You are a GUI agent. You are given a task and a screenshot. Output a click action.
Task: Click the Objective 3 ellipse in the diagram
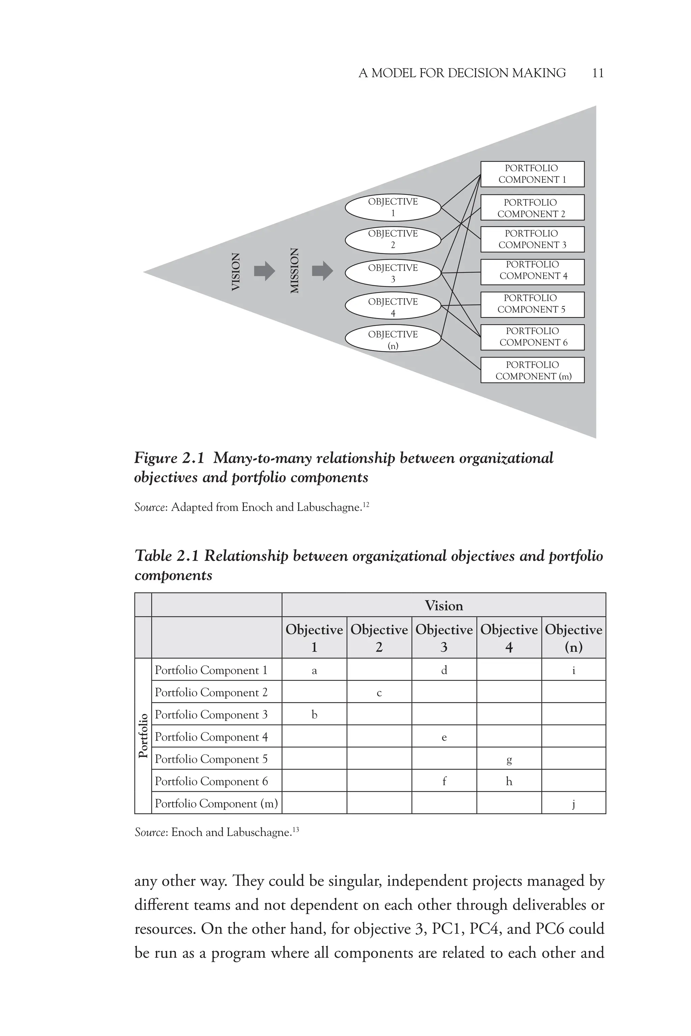pyautogui.click(x=393, y=273)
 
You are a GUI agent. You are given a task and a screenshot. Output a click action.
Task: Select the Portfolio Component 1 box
pyautogui.click(x=532, y=174)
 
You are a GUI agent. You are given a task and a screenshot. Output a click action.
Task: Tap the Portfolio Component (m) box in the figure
pyautogui.click(x=532, y=370)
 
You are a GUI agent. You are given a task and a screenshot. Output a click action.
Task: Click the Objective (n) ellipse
pyautogui.click(x=393, y=339)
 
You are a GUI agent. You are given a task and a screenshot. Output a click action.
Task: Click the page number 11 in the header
pyautogui.click(x=598, y=73)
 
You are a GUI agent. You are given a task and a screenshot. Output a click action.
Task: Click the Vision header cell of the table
pyautogui.click(x=443, y=606)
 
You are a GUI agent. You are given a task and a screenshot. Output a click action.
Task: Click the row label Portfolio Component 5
pyautogui.click(x=211, y=759)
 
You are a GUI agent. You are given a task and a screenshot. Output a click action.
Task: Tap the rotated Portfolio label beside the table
pyautogui.click(x=143, y=736)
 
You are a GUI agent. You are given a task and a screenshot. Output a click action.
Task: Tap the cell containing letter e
pyautogui.click(x=444, y=737)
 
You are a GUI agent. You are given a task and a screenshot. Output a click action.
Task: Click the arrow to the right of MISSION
pyautogui.click(x=322, y=270)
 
